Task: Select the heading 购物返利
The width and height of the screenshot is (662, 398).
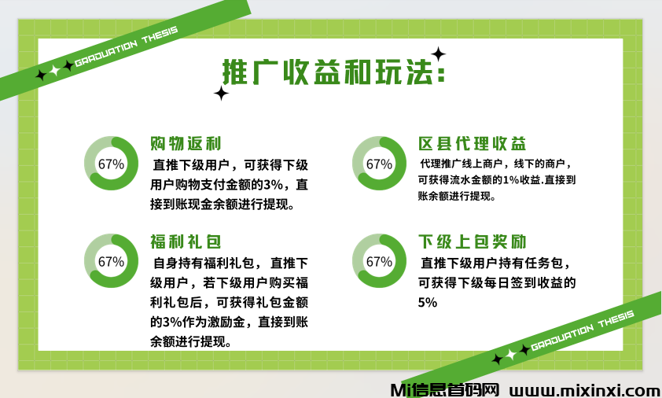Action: (x=186, y=144)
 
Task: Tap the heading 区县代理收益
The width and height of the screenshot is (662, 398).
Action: (x=472, y=144)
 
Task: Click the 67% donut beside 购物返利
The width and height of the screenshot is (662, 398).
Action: (x=111, y=164)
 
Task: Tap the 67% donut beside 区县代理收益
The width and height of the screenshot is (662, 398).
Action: (x=379, y=164)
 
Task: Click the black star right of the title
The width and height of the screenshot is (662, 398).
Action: (x=439, y=54)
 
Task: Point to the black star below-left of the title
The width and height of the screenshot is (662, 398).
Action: (x=222, y=94)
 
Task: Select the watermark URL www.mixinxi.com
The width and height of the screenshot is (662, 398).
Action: (x=585, y=389)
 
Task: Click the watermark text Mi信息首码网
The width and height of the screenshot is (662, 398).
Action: (x=444, y=389)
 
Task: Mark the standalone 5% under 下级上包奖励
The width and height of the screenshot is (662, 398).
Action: (x=428, y=303)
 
